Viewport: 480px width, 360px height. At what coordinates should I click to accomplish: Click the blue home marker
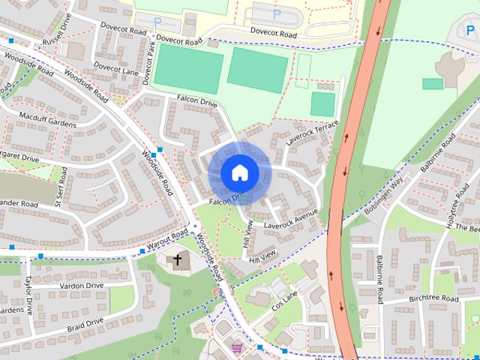coord(239,172)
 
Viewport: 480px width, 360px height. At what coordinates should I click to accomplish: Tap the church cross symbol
coord(178,260)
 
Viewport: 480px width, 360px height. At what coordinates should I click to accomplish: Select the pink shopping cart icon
coord(237,347)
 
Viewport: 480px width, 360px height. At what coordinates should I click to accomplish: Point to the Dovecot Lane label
coord(119,72)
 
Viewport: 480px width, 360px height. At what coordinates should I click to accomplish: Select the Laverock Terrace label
coord(313,133)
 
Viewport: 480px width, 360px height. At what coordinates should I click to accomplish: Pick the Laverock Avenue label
coord(291,218)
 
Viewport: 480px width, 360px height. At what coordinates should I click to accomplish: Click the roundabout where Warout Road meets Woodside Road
coord(194,226)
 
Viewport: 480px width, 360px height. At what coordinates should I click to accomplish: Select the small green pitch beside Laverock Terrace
coord(322,104)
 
